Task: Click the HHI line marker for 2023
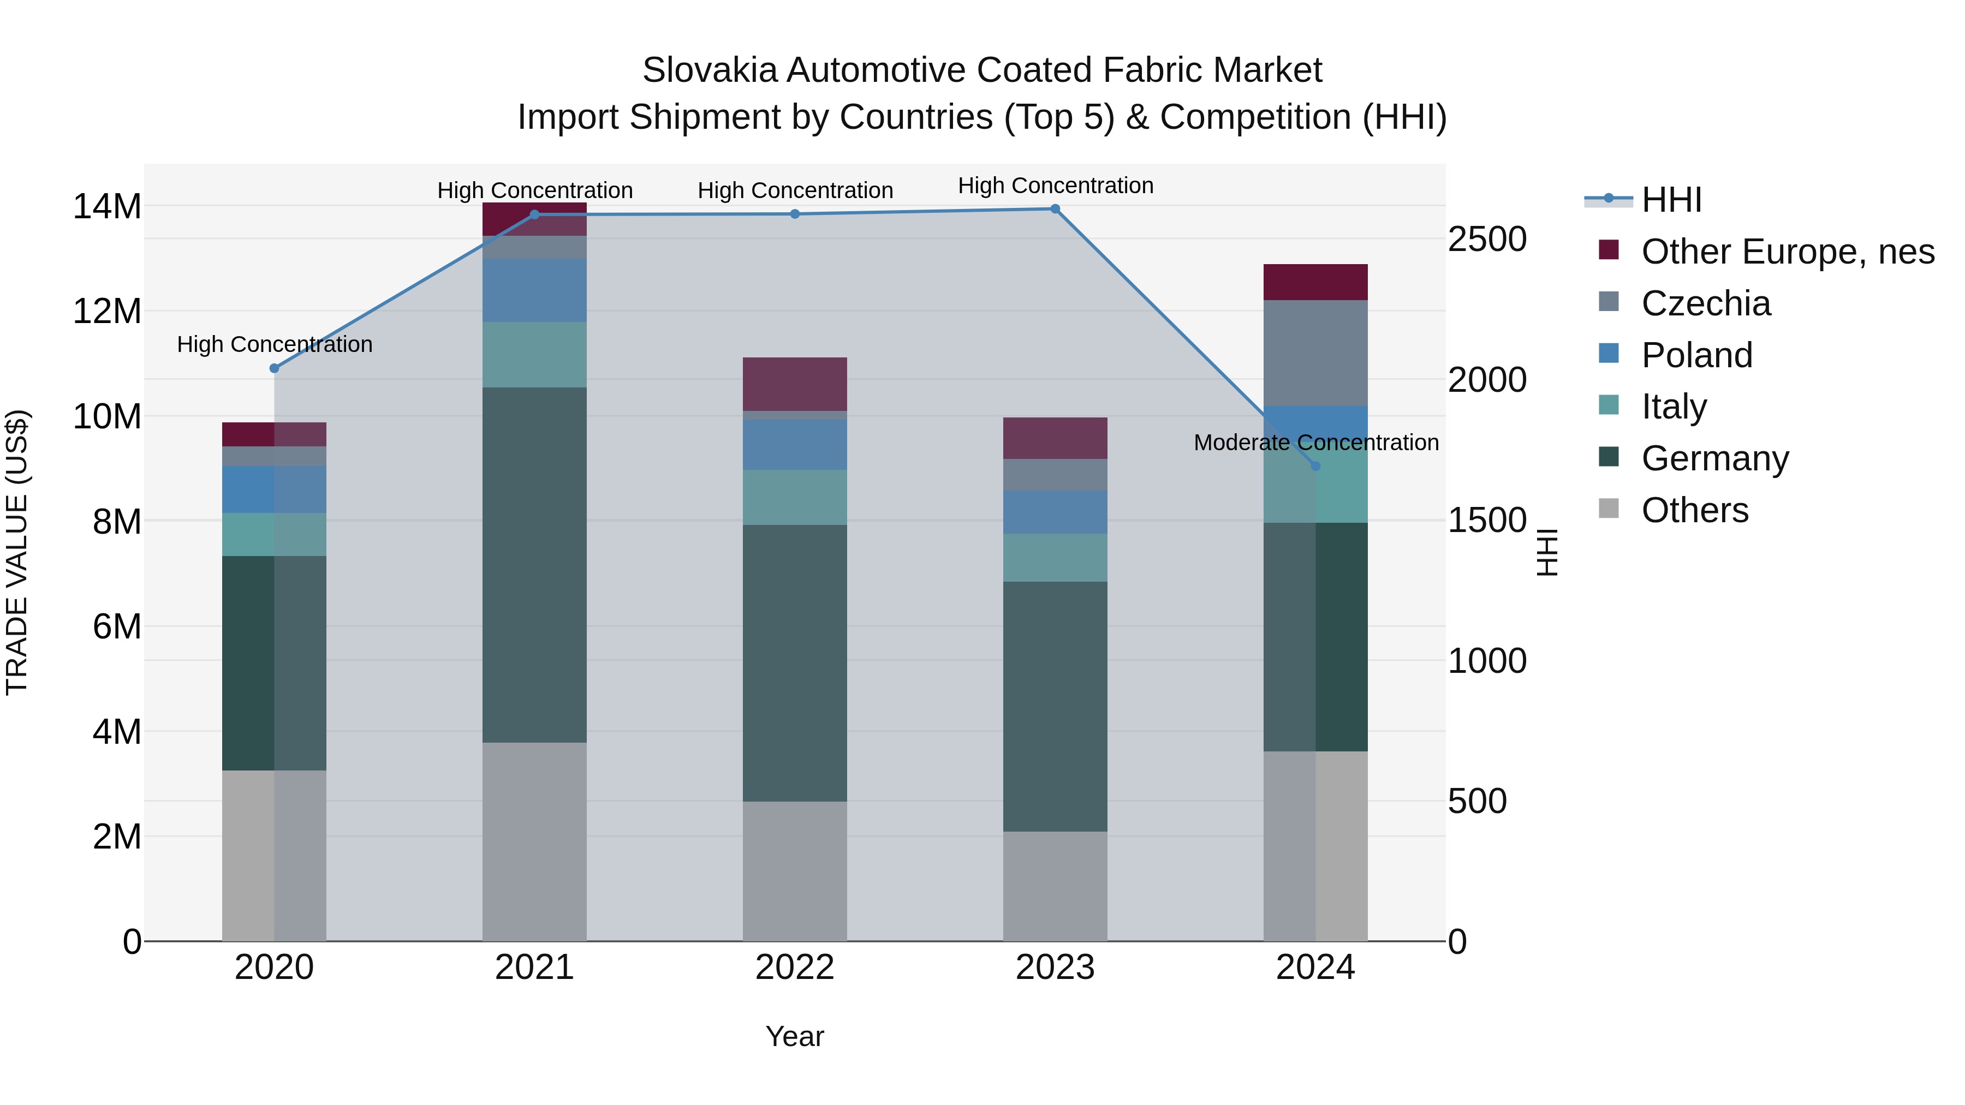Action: click(x=1055, y=209)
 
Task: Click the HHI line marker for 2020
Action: click(x=275, y=368)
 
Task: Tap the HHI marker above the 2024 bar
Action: click(x=1315, y=466)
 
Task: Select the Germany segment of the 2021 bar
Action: click(x=534, y=564)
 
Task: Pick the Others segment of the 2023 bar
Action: click(x=1055, y=886)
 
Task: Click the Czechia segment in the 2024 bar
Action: click(x=1315, y=353)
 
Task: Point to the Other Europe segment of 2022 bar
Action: click(x=795, y=384)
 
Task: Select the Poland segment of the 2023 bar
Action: click(x=1055, y=512)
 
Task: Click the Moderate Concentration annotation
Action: click(x=1316, y=443)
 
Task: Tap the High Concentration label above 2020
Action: click(x=275, y=345)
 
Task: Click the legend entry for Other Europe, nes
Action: click(x=1787, y=252)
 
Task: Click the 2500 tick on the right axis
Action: click(x=1487, y=240)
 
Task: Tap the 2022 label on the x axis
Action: click(x=795, y=967)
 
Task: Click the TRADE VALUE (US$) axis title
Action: click(x=17, y=552)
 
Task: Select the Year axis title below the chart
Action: click(x=795, y=1036)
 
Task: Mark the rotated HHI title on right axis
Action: click(x=1546, y=552)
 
